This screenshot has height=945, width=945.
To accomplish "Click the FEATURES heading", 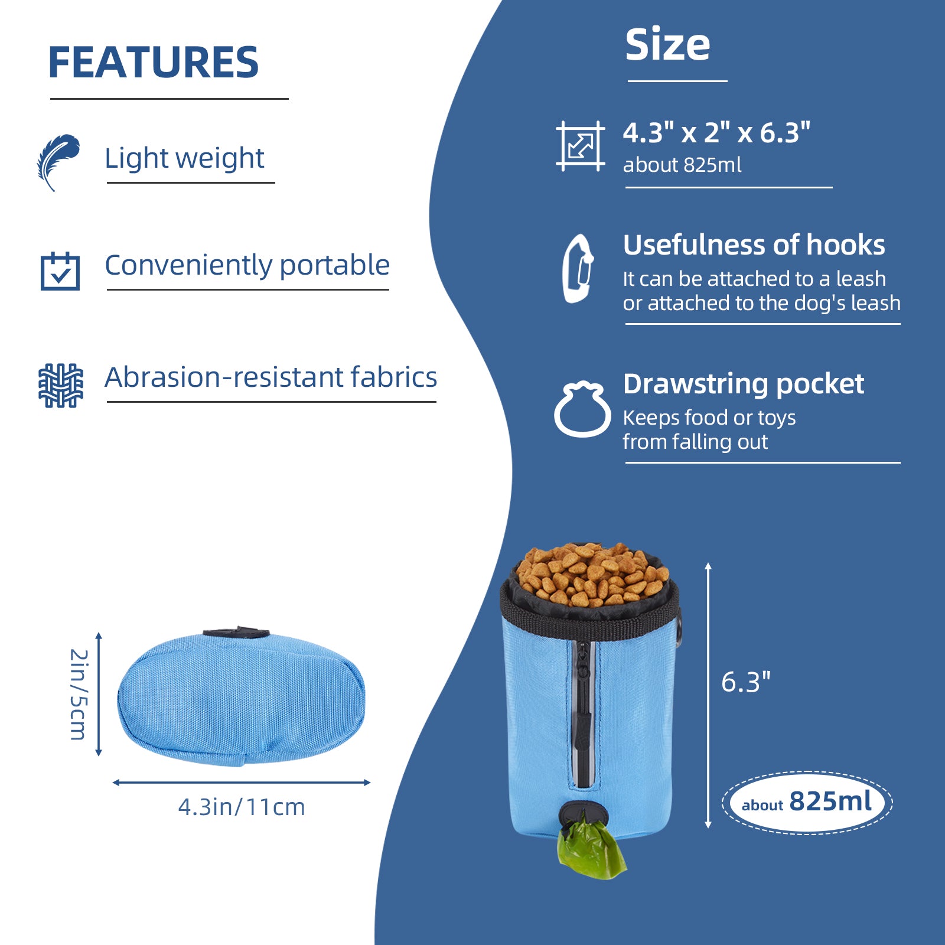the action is (154, 63).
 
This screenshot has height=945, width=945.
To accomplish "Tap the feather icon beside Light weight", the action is (58, 162).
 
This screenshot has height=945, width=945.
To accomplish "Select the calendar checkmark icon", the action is (60, 271).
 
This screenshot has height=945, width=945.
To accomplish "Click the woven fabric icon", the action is (60, 386).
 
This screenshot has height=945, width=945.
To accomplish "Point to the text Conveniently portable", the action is (247, 265).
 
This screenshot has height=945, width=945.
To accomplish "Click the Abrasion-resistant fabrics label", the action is (271, 377).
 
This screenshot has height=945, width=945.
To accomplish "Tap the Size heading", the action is (667, 45).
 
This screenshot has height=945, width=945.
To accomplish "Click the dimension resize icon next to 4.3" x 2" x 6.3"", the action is (581, 146).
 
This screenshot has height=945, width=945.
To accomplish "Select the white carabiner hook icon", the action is (578, 269).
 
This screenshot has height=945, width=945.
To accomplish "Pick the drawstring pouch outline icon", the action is (582, 409).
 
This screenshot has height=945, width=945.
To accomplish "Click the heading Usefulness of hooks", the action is (754, 245).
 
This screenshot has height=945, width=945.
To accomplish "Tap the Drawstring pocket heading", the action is (743, 384).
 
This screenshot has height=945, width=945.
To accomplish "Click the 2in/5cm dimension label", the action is (79, 695).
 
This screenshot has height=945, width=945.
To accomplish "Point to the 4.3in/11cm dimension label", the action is (242, 807).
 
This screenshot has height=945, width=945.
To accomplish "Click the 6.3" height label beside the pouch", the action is (746, 682).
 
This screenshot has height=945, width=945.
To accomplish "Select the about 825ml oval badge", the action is (807, 803).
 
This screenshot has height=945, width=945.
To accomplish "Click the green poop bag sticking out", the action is (591, 846).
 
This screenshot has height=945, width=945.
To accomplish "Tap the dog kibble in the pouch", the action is (592, 574).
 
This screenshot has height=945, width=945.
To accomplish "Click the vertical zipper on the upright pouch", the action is (584, 715).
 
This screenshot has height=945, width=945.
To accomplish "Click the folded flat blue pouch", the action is (241, 698).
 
